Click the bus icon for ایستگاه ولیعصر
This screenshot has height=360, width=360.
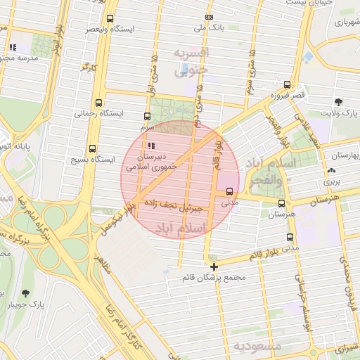[x=110, y=18]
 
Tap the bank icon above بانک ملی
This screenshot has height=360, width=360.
[x=208, y=17]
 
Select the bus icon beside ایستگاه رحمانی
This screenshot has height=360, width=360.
[x=98, y=102]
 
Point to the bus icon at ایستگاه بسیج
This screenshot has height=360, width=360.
[x=92, y=148]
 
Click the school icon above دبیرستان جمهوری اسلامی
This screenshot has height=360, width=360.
[x=150, y=146]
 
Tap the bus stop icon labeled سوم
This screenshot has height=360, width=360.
[x=147, y=117]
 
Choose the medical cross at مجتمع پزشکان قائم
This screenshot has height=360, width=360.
[x=214, y=266]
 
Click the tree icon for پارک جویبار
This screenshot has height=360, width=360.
[x=27, y=292]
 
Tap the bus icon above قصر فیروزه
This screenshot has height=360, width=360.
[x=285, y=84]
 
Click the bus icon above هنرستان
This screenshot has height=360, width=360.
[x=282, y=204]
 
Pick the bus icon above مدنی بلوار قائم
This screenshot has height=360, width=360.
[x=290, y=238]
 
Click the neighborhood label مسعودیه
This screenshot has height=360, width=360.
[x=257, y=347]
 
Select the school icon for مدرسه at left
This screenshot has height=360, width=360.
[x=12, y=48]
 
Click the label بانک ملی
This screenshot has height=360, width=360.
[x=208, y=28]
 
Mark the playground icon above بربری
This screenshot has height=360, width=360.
[x=331, y=170]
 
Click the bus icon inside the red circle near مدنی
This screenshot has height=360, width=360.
[x=230, y=191]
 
